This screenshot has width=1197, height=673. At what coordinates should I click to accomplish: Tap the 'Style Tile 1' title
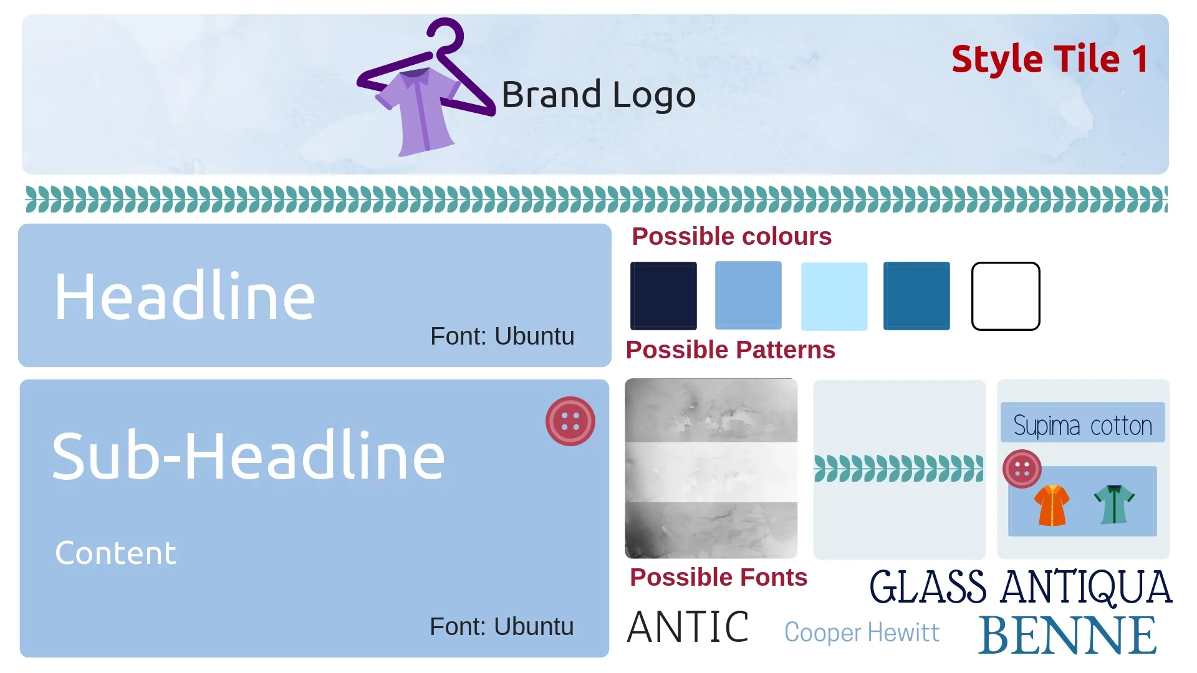1050,59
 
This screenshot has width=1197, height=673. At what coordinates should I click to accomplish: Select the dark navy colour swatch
663,296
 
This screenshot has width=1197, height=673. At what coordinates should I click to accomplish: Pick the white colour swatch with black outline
1006,296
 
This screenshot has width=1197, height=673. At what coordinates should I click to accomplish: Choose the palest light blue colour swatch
834,296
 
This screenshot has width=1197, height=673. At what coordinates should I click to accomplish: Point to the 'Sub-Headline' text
249,456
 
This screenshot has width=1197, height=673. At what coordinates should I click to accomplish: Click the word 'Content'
116,553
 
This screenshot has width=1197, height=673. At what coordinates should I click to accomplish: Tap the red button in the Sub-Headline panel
570,421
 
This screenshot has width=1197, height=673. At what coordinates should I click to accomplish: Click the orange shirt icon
1052,505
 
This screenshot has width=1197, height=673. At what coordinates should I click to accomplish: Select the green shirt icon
1115,504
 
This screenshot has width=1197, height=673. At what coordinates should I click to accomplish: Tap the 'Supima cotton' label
1083,426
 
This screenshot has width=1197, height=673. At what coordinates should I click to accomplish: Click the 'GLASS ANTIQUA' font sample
1021,587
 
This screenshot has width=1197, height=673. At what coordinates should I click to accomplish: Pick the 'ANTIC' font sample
688,627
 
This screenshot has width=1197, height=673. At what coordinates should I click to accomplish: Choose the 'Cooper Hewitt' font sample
862,632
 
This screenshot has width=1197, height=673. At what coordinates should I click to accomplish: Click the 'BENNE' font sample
1067,635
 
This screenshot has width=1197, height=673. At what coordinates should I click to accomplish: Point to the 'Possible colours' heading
732,237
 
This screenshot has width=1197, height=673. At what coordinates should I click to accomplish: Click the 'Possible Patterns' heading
731,350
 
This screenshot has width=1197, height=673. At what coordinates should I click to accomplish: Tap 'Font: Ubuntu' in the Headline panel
502,336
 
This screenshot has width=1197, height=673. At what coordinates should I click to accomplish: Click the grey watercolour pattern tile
711,469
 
